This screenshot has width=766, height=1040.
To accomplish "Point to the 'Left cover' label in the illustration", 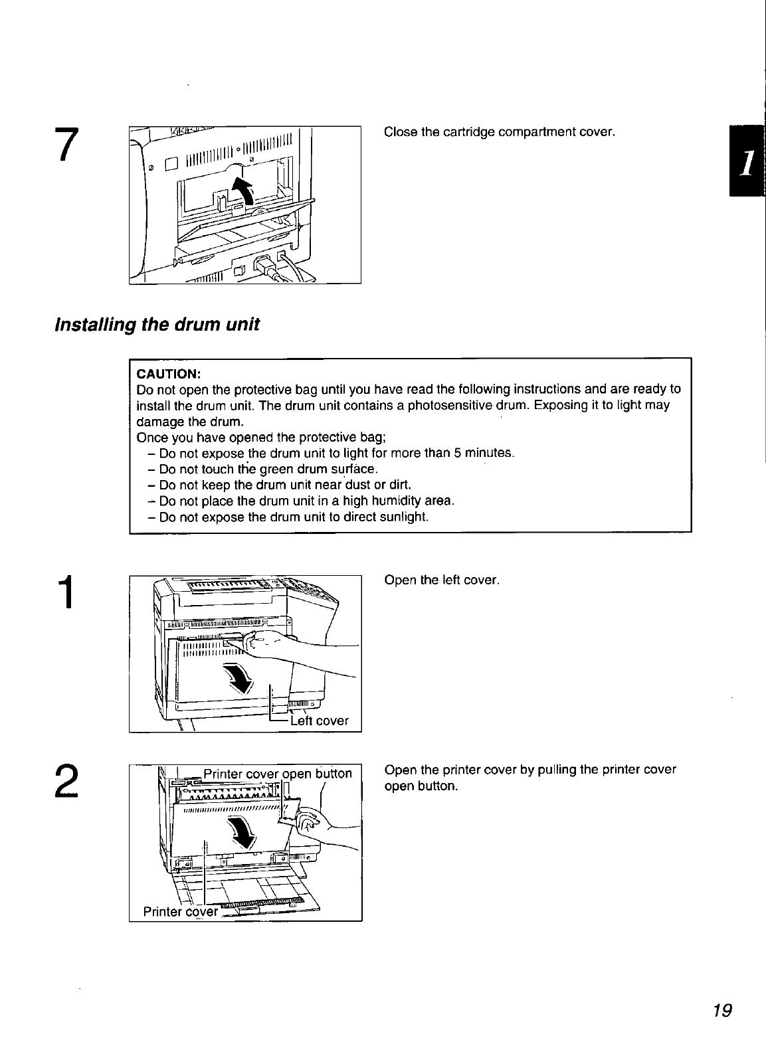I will point(320,721).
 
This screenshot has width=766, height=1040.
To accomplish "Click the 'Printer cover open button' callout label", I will point(278,773).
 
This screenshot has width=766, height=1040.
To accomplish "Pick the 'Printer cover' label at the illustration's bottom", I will point(180,911).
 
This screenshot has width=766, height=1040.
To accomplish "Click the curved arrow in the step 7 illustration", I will point(244,191).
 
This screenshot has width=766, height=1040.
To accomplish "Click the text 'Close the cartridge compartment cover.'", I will point(500,131).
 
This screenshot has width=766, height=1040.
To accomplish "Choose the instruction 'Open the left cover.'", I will point(442,580).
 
